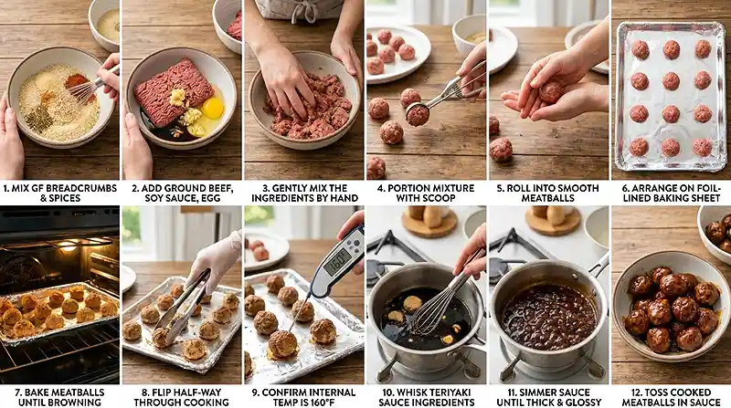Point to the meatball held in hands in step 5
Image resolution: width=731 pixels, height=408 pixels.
(x=549, y=90)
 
